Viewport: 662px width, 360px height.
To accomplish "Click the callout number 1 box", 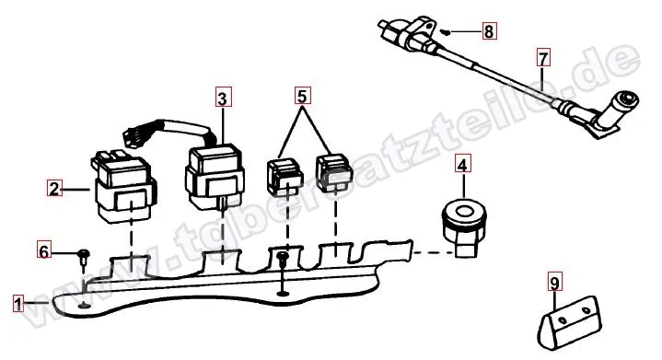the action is pos(18,304).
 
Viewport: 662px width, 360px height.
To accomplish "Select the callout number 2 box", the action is pos(54,188).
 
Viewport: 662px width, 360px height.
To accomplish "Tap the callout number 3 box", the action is pos(223,98).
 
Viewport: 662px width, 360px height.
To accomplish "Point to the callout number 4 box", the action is pos(463,164).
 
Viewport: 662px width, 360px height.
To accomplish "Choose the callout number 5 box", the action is pos(302,96).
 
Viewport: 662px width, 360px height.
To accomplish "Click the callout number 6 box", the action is pos(44,250).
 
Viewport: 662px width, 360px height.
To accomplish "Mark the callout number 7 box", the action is pos(543,57).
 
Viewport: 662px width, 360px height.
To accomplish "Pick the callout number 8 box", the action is pos(489,30).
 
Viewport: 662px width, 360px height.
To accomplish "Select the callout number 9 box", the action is pos(555,283).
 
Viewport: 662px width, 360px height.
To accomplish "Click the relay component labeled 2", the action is pos(123,187).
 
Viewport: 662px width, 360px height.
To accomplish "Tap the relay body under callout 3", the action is pos(214,178).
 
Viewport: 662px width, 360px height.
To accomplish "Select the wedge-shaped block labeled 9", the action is pos(570,323).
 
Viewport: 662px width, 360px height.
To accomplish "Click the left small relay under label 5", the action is pos(285,178).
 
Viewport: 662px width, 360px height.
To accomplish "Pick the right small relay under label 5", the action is pos(334,173).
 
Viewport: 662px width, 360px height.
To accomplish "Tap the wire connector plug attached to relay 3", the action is pos(134,136).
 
